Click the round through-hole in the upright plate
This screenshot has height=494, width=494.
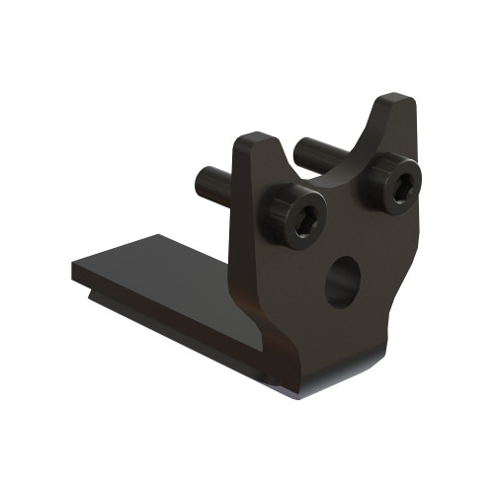(342, 282)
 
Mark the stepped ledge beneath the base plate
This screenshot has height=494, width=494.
(148, 306)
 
